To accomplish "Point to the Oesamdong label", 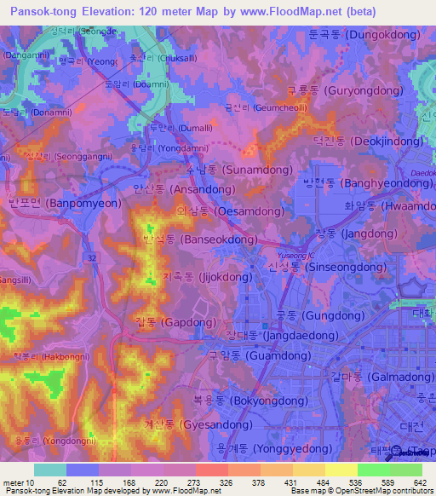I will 223,210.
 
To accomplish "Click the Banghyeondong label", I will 367,182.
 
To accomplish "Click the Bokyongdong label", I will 250,400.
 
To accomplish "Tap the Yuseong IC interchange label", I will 296,256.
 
